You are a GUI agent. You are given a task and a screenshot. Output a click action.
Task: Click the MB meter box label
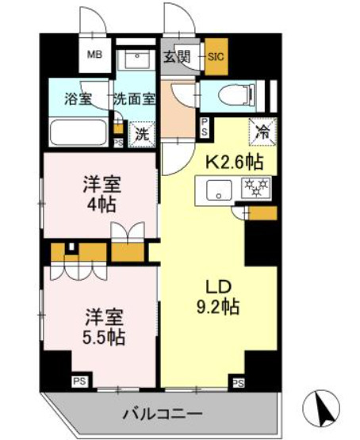[x=94, y=55]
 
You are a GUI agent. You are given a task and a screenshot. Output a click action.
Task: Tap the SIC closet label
[x=216, y=55]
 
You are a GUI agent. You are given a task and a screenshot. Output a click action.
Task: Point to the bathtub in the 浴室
[x=77, y=132]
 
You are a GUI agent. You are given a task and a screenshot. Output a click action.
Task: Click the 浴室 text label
[x=77, y=100]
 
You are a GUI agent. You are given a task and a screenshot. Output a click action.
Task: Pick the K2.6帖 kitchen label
[x=235, y=163]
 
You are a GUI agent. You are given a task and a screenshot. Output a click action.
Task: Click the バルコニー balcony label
[x=163, y=414]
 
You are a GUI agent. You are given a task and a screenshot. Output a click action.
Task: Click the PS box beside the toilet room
[x=204, y=127]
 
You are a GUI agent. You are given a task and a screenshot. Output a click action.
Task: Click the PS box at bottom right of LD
[x=237, y=384]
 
